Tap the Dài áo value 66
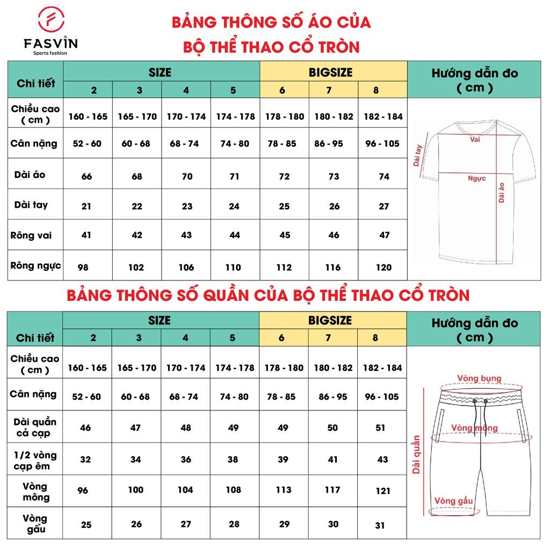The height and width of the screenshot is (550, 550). [86, 177]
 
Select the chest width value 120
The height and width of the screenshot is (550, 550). [383, 267]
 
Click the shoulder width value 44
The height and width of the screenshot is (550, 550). [235, 235]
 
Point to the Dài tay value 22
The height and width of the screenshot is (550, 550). [136, 206]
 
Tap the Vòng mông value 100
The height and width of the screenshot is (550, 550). [136, 490]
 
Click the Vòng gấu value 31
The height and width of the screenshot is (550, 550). [380, 525]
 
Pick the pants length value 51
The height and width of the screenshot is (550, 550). [380, 428]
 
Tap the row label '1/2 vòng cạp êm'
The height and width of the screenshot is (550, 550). [35, 460]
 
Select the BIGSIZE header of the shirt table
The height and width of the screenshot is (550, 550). [333, 71]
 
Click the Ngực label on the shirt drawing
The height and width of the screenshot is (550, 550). [476, 178]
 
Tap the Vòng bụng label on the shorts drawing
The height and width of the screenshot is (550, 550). [479, 379]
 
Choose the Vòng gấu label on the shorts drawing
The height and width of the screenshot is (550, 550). [454, 501]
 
